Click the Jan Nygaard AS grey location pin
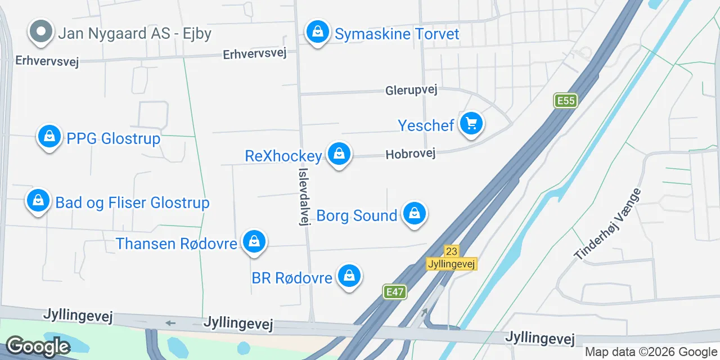(x=41, y=32)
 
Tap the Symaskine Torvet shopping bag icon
(x=318, y=32)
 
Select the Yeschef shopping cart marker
(x=471, y=123)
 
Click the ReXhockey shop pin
(x=339, y=154)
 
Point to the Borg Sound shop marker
(x=415, y=214)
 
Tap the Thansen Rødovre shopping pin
(x=254, y=242)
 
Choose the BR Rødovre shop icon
(x=349, y=276)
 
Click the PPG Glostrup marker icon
(x=49, y=137)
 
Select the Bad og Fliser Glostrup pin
(x=38, y=201)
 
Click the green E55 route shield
(x=565, y=101)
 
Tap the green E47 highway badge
(x=395, y=292)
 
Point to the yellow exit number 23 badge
(x=451, y=251)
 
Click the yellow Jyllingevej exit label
(x=451, y=264)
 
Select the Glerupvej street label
(x=411, y=90)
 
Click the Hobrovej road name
(x=411, y=154)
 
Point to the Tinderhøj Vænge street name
(x=607, y=224)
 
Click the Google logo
(x=38, y=346)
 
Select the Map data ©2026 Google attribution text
(x=651, y=352)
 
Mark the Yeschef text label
(x=426, y=125)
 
